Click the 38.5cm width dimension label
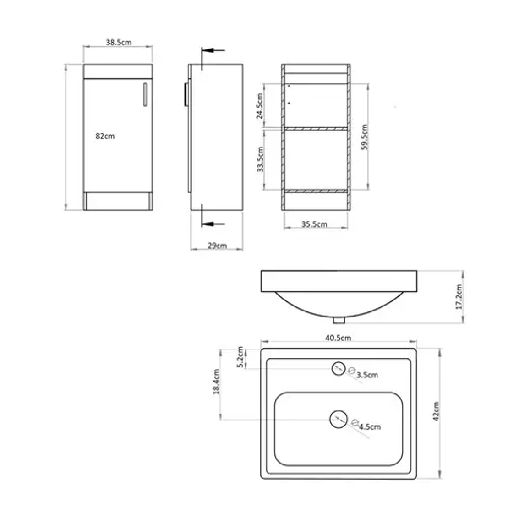point(119,42)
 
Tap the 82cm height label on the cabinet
point(105,136)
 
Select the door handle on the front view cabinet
point(145,94)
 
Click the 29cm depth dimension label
point(217,246)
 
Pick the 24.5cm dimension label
point(260,106)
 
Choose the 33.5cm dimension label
point(260,159)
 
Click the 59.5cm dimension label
point(365,137)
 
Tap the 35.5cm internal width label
point(314,224)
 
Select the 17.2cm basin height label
point(459,297)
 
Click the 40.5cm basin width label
point(338,338)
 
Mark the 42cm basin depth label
point(436,411)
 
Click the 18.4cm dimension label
point(217,381)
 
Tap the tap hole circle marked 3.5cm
point(338,368)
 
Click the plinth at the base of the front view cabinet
point(118,201)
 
